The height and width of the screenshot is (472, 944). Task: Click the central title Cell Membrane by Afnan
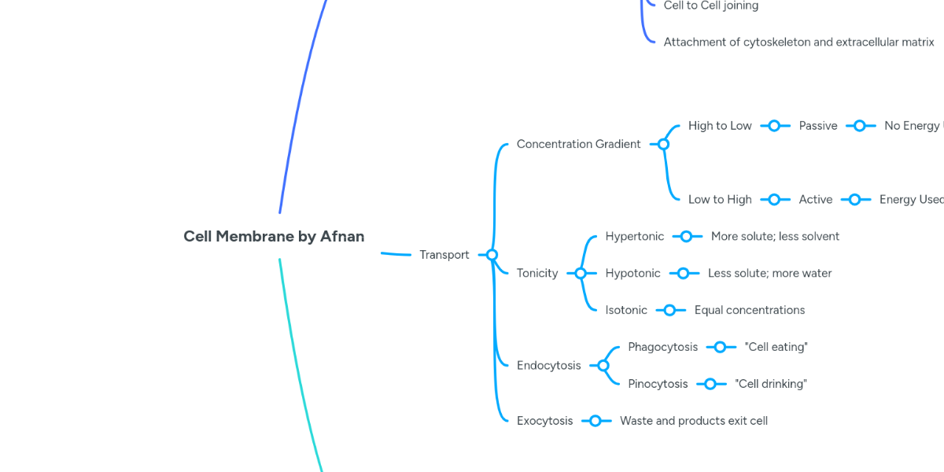[274, 236]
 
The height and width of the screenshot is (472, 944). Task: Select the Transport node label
[444, 255]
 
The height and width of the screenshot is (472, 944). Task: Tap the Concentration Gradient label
[578, 144]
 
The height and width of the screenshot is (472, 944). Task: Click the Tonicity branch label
[537, 273]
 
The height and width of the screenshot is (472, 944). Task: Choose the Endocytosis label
[548, 365]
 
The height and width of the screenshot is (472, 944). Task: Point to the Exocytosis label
[544, 421]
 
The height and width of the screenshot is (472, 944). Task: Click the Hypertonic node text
[634, 236]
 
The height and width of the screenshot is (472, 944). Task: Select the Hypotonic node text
[632, 273]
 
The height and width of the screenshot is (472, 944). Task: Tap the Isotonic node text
[626, 310]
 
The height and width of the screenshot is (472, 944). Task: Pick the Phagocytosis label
[662, 347]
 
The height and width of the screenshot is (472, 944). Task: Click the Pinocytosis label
[658, 384]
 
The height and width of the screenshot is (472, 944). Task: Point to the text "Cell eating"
[776, 347]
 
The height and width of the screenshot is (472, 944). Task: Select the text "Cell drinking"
[771, 384]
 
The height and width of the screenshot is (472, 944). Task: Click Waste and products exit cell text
[693, 421]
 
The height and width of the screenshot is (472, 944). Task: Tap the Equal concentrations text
[749, 310]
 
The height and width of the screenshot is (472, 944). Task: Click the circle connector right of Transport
[492, 255]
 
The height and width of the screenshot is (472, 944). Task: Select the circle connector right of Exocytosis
[596, 421]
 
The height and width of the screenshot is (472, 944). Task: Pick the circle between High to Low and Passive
[775, 126]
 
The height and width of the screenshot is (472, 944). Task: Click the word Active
[815, 200]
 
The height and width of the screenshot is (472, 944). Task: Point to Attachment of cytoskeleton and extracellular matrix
[798, 42]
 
